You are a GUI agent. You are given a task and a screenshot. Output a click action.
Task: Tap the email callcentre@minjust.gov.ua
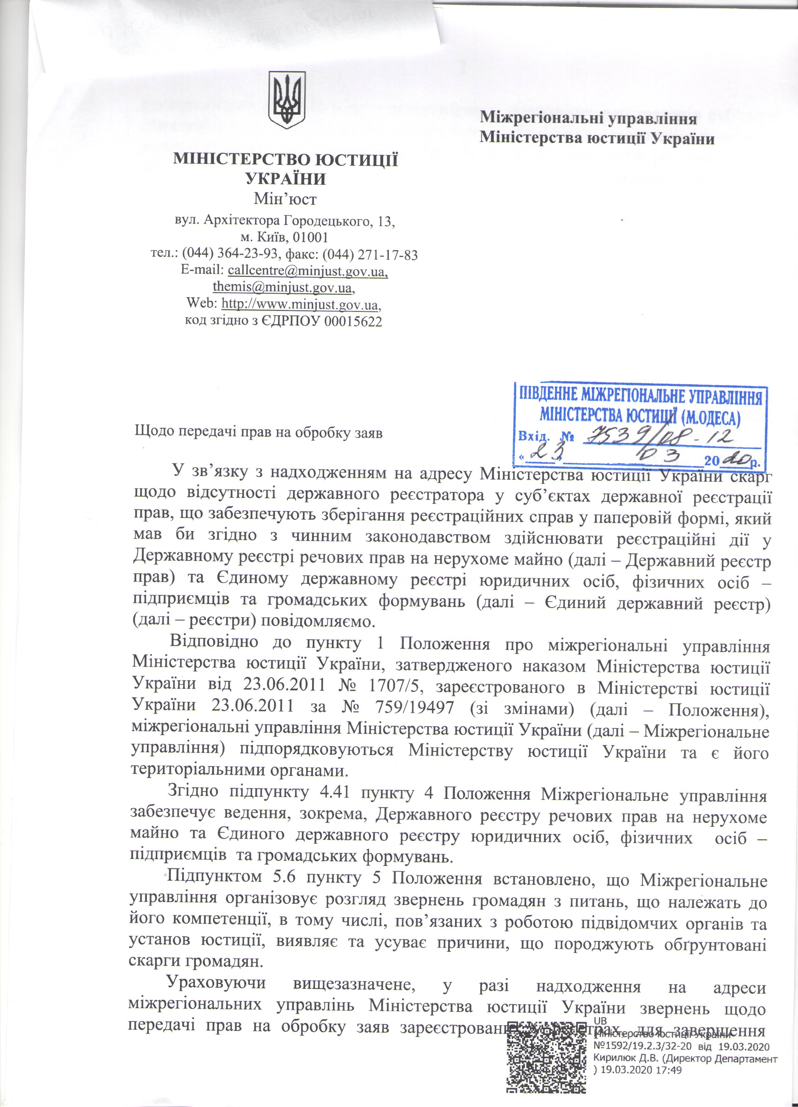click(x=308, y=270)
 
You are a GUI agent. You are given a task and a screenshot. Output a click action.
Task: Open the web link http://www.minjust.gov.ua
click(x=300, y=305)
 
